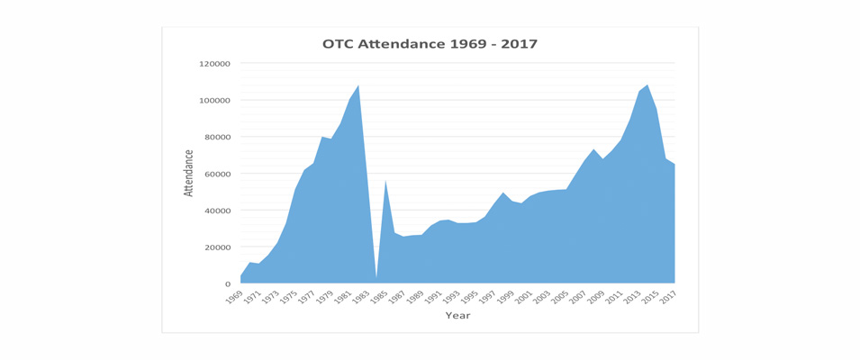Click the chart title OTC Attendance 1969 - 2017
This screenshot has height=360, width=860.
(x=430, y=44)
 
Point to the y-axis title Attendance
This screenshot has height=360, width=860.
(x=189, y=173)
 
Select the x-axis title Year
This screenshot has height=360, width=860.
(x=457, y=316)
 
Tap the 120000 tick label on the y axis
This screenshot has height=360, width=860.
(x=214, y=64)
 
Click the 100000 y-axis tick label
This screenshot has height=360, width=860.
(x=214, y=101)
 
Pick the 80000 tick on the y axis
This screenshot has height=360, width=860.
(x=217, y=137)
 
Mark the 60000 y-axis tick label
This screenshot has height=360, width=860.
(x=217, y=174)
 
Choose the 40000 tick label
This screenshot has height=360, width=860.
(x=217, y=211)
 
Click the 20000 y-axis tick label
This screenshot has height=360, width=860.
(x=217, y=247)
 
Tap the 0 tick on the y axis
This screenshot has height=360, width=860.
(x=229, y=284)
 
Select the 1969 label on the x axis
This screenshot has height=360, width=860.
(x=235, y=298)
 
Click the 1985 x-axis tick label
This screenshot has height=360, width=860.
(x=380, y=298)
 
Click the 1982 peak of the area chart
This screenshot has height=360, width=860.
(x=358, y=86)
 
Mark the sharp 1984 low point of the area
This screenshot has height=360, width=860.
(x=376, y=276)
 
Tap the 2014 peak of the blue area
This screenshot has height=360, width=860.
(x=647, y=86)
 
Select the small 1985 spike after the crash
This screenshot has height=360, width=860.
(x=385, y=182)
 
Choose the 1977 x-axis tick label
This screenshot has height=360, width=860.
(x=307, y=298)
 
